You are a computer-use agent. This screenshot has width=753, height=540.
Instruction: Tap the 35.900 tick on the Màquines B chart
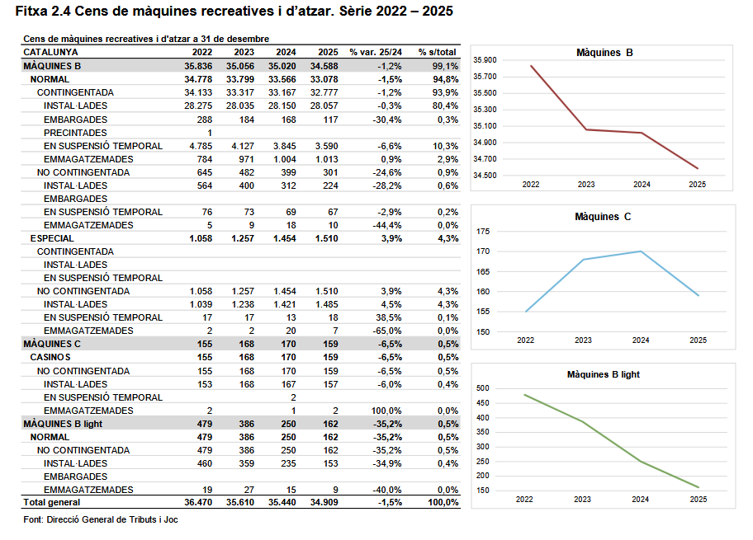(x=485, y=60)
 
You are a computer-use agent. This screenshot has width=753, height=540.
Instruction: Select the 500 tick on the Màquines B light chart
(x=484, y=388)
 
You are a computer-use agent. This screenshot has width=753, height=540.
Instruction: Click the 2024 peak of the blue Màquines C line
(x=642, y=251)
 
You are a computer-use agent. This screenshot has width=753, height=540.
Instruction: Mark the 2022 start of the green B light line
(x=525, y=394)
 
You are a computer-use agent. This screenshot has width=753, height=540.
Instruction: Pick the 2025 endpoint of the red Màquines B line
(x=698, y=169)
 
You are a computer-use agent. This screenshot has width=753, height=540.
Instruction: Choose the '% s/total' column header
(x=438, y=52)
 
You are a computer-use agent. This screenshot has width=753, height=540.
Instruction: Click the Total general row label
(x=52, y=502)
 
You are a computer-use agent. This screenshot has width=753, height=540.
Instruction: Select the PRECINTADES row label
(x=75, y=133)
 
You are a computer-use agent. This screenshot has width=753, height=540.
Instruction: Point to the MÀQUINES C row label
(x=52, y=344)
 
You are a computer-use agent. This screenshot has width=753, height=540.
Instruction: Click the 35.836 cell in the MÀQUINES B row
(x=198, y=66)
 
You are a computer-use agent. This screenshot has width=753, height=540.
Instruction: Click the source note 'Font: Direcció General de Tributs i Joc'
(x=101, y=519)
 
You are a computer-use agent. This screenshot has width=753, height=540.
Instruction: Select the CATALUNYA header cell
(x=50, y=52)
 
